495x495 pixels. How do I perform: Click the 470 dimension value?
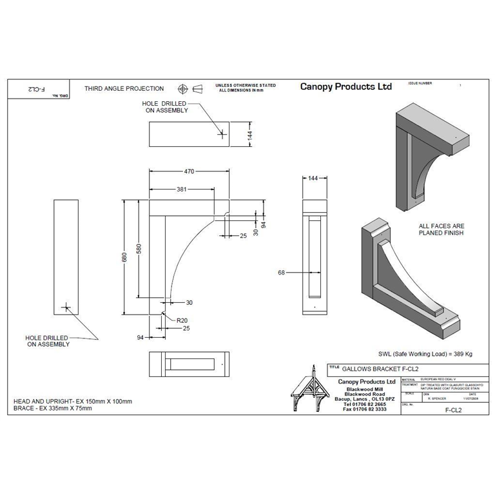[189, 171]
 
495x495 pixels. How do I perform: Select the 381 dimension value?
[182, 189]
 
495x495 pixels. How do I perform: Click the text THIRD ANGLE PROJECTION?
[124, 88]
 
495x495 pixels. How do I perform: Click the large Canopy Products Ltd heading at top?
[345, 87]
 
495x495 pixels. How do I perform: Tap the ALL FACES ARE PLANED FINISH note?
[441, 230]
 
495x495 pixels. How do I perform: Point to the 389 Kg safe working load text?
[425, 354]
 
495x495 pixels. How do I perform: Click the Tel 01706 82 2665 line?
[365, 403]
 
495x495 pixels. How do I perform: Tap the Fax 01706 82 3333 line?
[365, 409]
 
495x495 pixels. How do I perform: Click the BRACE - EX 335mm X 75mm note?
[53, 408]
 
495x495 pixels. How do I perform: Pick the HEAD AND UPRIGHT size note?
[72, 402]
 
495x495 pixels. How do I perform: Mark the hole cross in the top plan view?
[222, 134]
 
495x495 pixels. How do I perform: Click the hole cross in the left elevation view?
[65, 307]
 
